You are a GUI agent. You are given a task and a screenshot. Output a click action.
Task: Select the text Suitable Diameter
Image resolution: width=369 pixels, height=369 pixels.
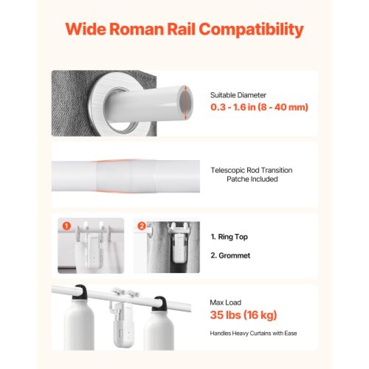(x=238, y=95)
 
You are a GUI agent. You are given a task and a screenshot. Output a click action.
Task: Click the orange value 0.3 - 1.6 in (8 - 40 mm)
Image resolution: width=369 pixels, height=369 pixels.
(x=259, y=107)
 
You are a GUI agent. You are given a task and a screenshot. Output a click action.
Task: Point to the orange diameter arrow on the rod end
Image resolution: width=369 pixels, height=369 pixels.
(x=185, y=103)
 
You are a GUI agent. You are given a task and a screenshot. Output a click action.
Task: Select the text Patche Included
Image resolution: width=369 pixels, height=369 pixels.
(x=252, y=179)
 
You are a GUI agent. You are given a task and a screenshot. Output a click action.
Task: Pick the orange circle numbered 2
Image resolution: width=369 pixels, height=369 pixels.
(x=142, y=226)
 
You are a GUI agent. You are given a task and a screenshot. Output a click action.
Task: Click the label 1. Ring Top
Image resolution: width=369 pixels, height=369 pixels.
(x=229, y=237)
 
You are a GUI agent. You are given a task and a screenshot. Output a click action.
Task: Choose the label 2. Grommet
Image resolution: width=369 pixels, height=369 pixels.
(x=230, y=256)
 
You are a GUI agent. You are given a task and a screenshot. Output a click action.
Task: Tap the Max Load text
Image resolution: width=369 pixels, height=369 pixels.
(x=226, y=303)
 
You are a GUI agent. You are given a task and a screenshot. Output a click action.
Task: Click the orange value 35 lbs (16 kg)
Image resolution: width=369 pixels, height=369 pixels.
(x=243, y=315)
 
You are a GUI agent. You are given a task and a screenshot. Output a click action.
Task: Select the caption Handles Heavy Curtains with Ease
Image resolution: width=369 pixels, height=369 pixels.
(x=253, y=334)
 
